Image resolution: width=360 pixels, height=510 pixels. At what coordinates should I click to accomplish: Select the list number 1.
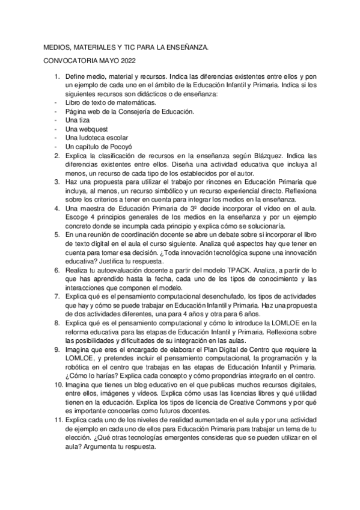coord(57,78)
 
